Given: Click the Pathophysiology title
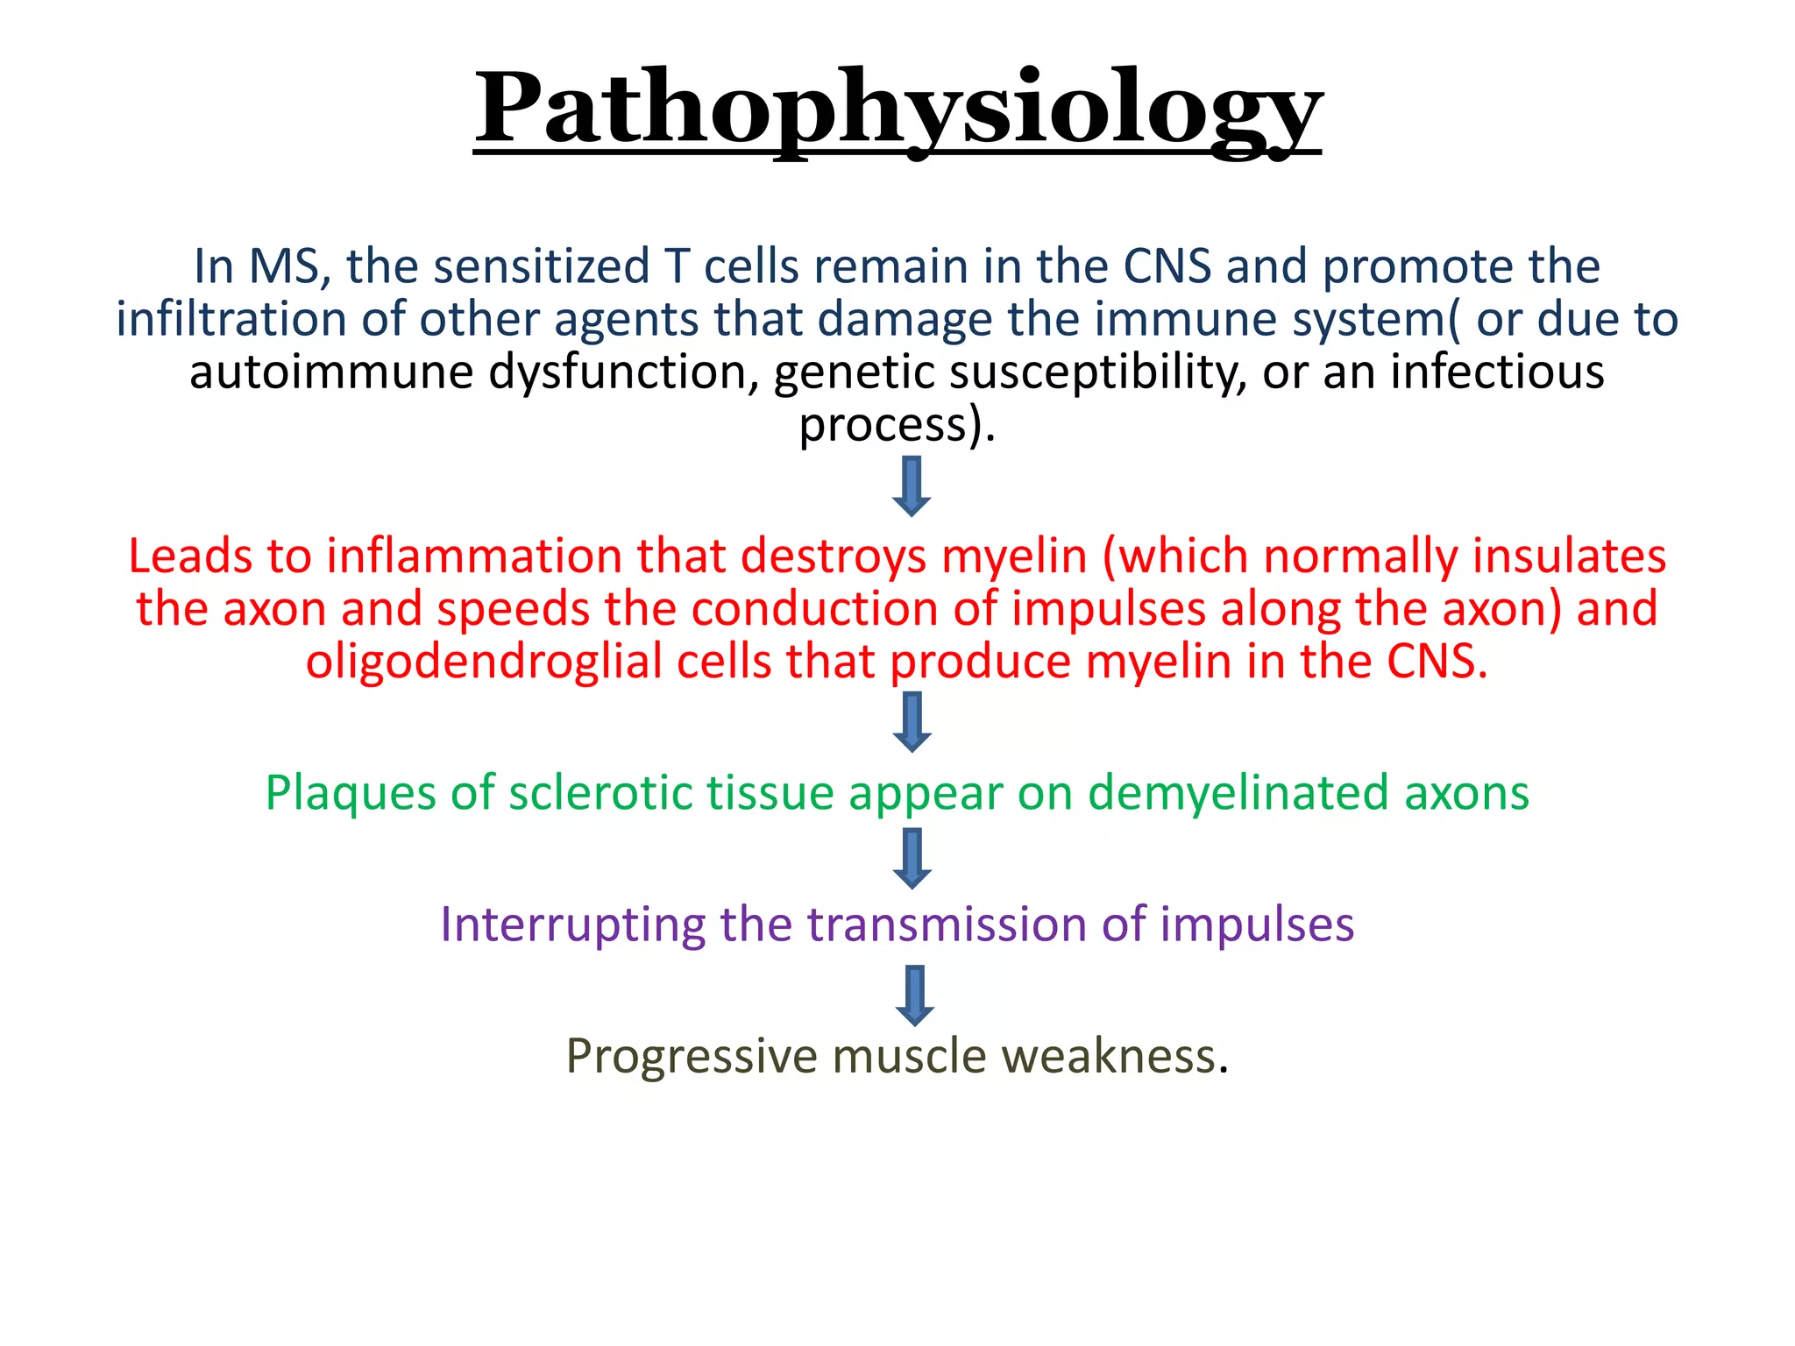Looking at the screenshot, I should (x=897, y=110).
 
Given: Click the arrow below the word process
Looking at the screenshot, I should (x=912, y=486).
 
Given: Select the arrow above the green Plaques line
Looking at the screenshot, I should (x=912, y=722).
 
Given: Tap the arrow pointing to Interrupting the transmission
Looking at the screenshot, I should (x=912, y=859).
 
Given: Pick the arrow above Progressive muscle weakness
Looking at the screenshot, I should (x=915, y=995).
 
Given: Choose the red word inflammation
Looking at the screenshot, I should (x=473, y=556).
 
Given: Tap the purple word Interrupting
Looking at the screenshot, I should (x=572, y=925).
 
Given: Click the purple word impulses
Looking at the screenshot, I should (x=1257, y=925).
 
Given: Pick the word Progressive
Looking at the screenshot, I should (x=691, y=1057).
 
